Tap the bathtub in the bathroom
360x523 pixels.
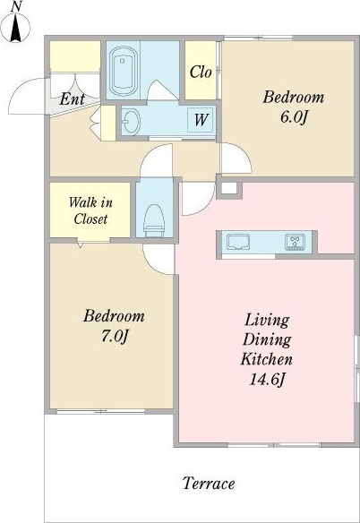click(124, 71)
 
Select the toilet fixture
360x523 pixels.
click(154, 218)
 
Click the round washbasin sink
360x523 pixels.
click(131, 121)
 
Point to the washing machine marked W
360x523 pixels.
click(201, 119)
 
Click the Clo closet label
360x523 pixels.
click(201, 72)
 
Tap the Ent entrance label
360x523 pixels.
click(72, 99)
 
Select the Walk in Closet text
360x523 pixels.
click(90, 210)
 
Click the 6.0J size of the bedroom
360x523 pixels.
click(293, 117)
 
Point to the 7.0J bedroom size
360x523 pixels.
click(115, 336)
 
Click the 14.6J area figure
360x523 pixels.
click(267, 379)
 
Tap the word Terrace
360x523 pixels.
click(209, 484)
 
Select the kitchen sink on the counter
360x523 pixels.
click(238, 242)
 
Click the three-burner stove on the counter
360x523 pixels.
click(296, 242)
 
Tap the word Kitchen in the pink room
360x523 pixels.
click(267, 359)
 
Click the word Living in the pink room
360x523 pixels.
click(267, 320)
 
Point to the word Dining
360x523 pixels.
click(267, 339)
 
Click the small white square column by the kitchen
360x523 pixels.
click(229, 188)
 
